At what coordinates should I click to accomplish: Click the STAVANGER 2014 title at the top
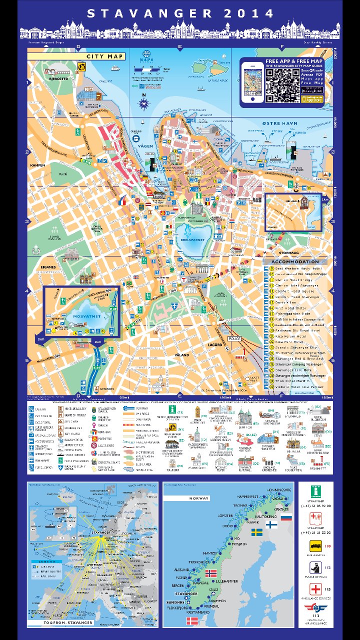click(x=180, y=13)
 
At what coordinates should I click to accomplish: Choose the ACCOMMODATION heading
click(x=294, y=261)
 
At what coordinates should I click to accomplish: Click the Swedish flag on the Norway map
click(x=257, y=532)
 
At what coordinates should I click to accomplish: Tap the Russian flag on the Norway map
click(x=286, y=517)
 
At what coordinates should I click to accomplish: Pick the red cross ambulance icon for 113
click(x=315, y=589)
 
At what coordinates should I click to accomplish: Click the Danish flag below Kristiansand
click(x=192, y=620)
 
